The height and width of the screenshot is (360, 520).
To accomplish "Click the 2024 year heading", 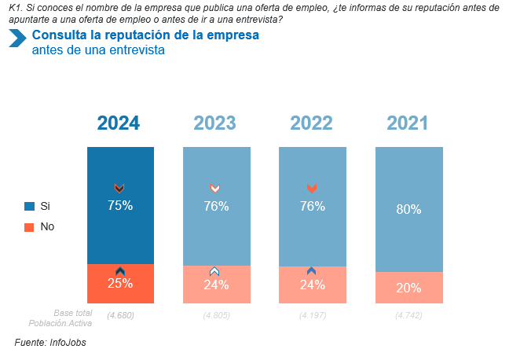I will [119, 123].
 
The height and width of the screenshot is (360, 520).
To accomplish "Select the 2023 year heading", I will [215, 123].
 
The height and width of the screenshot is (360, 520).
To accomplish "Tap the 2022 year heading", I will [312, 123].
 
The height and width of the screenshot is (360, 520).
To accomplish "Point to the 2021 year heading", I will [408, 123].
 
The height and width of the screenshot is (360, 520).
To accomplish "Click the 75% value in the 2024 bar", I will [120, 206].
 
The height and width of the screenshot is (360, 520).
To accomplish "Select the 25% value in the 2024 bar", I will [120, 285].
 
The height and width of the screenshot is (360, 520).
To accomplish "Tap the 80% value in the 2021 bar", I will [408, 210].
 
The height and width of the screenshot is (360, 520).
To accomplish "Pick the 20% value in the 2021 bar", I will [408, 288].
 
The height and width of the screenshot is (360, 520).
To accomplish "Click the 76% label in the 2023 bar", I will [216, 207].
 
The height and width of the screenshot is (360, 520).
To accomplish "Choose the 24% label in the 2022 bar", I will [313, 285].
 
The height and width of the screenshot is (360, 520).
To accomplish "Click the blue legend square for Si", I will [29, 206].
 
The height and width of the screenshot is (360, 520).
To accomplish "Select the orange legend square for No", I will [29, 227].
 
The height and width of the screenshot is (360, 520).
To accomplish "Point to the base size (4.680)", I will [120, 316].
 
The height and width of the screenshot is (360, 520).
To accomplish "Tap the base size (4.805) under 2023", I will [216, 316].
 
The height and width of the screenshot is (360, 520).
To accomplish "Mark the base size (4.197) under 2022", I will [313, 316].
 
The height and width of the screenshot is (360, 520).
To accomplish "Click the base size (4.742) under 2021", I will [408, 316].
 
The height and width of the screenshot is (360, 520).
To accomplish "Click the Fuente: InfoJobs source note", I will [50, 343].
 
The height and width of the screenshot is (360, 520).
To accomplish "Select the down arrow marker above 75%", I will [119, 188].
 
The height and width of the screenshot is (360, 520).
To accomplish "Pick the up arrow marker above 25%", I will [120, 271].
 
